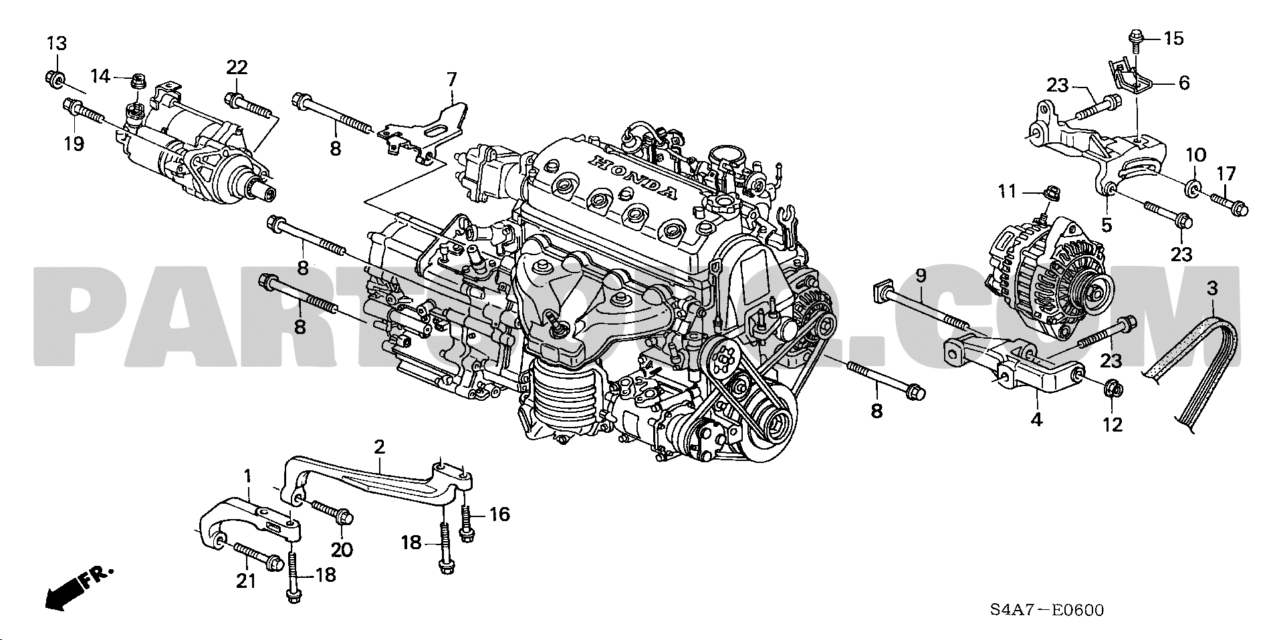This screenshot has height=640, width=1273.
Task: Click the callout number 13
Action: coord(57,44)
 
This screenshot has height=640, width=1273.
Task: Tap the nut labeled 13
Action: coord(56,80)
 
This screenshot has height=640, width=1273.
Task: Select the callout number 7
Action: coord(452,79)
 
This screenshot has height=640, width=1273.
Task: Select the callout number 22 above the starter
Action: coord(237,67)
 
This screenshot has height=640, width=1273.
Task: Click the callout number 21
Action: coord(246,581)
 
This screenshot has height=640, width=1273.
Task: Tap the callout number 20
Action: coord(342,549)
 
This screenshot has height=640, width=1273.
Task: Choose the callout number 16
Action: coord(499,514)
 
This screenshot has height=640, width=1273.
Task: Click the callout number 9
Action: coord(920,275)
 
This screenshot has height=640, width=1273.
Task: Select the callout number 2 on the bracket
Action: coord(379,446)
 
